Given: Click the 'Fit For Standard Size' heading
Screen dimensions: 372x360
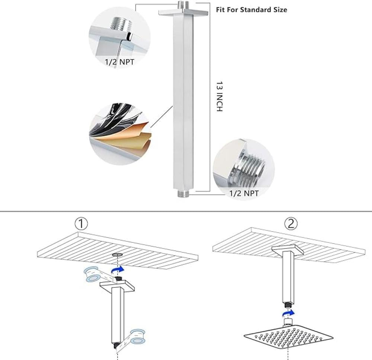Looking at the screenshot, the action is pos(251,10).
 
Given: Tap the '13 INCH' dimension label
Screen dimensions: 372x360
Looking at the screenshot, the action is pos(220,97).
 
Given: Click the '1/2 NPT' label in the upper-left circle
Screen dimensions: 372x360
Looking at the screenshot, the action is pos(119,62).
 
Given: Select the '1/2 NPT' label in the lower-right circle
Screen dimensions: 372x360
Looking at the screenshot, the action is pos(244,193).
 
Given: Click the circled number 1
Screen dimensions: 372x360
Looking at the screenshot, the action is pos(81,224).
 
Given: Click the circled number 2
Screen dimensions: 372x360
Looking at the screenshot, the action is pos(291,223).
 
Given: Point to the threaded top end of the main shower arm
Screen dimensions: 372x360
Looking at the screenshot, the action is pos(183,6).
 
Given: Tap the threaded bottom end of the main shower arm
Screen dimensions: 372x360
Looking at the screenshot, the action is pos(183,194).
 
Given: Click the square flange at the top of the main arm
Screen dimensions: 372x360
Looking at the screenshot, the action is pos(183,13).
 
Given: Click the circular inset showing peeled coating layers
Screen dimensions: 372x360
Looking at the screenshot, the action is pos(120,134).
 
